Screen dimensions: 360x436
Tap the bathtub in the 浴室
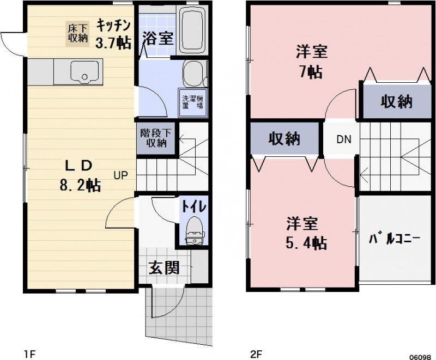coord(191,30)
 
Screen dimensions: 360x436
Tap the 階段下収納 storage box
coord(156,138)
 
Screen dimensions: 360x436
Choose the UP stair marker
coord(121,175)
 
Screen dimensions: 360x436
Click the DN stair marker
coord(343,139)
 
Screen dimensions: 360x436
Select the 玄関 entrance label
coord(164,269)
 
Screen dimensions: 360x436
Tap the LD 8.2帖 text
coord(80,175)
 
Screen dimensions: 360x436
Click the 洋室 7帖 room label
coord(311,62)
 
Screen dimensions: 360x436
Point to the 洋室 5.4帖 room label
coord(306,233)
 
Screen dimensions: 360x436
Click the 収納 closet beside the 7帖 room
coord(396,102)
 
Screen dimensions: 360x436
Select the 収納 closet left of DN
coord(284,138)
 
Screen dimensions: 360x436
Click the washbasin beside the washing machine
coord(192,74)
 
